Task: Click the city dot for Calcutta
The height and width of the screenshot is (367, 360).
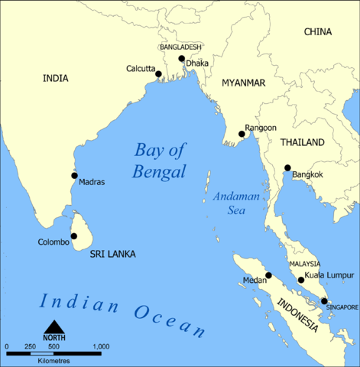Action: (x=161, y=74)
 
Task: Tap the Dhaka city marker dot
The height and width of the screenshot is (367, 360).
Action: (x=181, y=59)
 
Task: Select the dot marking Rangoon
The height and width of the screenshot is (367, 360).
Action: (x=242, y=135)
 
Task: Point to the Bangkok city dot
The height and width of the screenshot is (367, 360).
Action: (x=287, y=168)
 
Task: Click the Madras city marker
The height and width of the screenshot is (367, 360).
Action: (x=74, y=175)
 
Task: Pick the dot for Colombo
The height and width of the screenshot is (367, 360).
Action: (x=74, y=237)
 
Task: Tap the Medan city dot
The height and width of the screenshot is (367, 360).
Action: (x=268, y=275)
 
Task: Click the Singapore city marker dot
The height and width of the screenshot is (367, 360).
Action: (x=324, y=301)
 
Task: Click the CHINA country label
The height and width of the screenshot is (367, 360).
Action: (x=319, y=32)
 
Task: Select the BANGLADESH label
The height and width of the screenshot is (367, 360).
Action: (x=181, y=47)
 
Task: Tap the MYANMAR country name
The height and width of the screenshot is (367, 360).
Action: (x=243, y=82)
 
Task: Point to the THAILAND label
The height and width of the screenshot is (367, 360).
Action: (x=302, y=142)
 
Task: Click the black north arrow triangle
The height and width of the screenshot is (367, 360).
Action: (x=54, y=327)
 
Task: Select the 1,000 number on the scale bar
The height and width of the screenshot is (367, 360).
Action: (x=101, y=347)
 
